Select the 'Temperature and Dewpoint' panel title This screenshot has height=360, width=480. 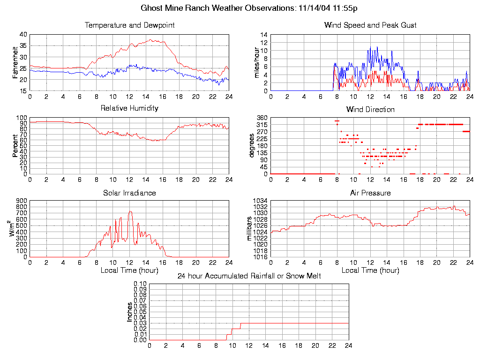tap(129, 25)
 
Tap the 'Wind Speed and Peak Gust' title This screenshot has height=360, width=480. tap(370, 25)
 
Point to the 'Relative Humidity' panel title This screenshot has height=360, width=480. tap(129, 108)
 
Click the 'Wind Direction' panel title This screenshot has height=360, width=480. tap(370, 110)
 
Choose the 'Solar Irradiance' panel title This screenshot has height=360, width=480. tap(129, 193)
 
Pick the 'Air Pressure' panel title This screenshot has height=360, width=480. tap(370, 193)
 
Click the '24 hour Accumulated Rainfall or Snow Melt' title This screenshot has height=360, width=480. tap(249, 276)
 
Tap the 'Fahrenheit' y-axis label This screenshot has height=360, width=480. tap(15, 62)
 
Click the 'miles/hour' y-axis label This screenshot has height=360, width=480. tap(257, 62)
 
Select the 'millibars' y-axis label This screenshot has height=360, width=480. tap(250, 229)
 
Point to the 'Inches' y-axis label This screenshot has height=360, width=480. tap(129, 312)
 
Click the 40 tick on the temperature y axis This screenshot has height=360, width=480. tap(22, 34)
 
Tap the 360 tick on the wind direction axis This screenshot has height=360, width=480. tap(261, 118)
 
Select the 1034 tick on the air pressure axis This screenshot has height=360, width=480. tap(260, 201)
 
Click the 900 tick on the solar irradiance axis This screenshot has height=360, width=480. tap(22, 201)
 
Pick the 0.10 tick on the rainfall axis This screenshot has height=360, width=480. tap(140, 284)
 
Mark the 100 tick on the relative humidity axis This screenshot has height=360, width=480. tap(22, 118)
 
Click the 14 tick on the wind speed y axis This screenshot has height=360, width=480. tap(264, 35)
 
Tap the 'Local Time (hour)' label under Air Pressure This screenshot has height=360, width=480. tap(370, 270)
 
